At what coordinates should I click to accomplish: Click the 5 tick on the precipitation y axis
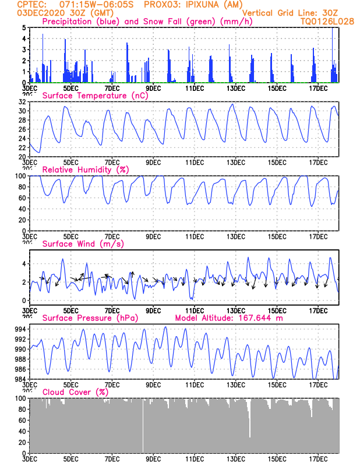(x=24, y=27)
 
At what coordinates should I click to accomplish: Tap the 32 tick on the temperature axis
(x=22, y=101)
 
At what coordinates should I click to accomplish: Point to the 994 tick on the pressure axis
(x=19, y=330)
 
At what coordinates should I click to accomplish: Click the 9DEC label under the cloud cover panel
(x=153, y=459)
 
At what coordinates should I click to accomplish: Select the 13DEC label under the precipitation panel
(x=236, y=89)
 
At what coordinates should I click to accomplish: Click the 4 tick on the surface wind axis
(x=24, y=264)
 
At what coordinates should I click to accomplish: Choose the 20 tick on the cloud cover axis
(x=22, y=442)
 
